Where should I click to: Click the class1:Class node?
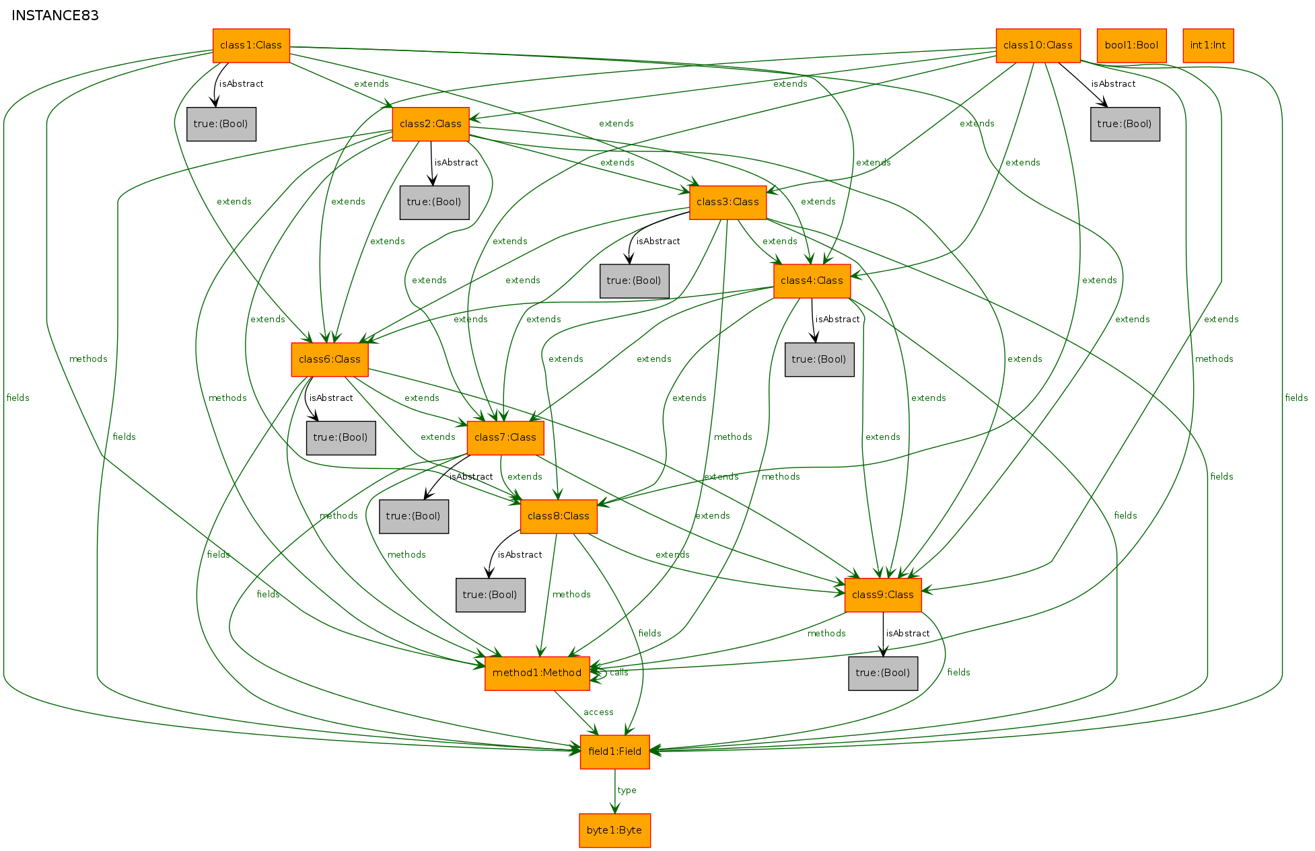tap(251, 46)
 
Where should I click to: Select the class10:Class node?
tap(1038, 46)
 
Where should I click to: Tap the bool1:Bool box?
tap(1131, 46)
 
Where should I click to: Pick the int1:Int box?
tap(1208, 46)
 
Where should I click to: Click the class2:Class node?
tap(431, 124)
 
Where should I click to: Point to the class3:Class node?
tap(727, 202)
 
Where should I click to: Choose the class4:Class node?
tap(812, 281)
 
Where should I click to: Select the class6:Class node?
tap(330, 360)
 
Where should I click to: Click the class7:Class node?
tap(505, 438)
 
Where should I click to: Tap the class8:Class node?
tap(559, 517)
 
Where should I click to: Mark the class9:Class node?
tap(883, 595)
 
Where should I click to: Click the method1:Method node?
tap(537, 673)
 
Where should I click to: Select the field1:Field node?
tap(614, 752)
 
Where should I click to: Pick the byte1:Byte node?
tap(614, 831)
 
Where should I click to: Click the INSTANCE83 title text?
tap(55, 16)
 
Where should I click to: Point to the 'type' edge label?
tap(627, 790)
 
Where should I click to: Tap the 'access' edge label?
tap(598, 712)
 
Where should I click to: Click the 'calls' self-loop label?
tap(618, 673)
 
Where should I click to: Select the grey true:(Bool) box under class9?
tap(883, 673)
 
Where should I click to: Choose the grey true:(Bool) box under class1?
tap(221, 124)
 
